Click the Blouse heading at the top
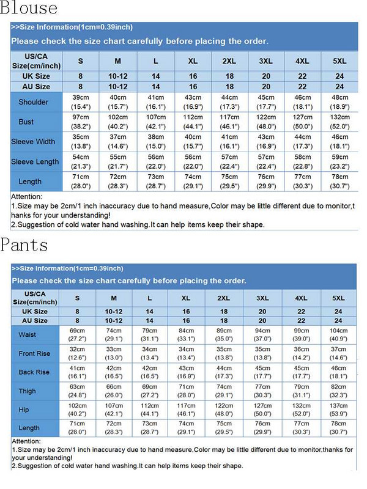click(x=29, y=9)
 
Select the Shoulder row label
click(x=33, y=102)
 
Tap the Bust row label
click(x=26, y=122)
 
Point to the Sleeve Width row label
click(x=33, y=142)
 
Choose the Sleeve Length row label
click(x=35, y=161)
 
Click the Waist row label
click(x=28, y=334)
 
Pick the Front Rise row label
click(x=34, y=353)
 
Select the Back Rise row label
click(x=34, y=372)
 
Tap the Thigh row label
click(x=27, y=391)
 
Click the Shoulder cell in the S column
click(x=81, y=102)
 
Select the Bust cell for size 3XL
click(x=265, y=122)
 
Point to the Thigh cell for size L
click(x=150, y=391)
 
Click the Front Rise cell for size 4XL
click(x=301, y=353)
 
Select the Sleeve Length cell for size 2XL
click(x=229, y=161)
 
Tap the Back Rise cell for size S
click(x=77, y=372)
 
